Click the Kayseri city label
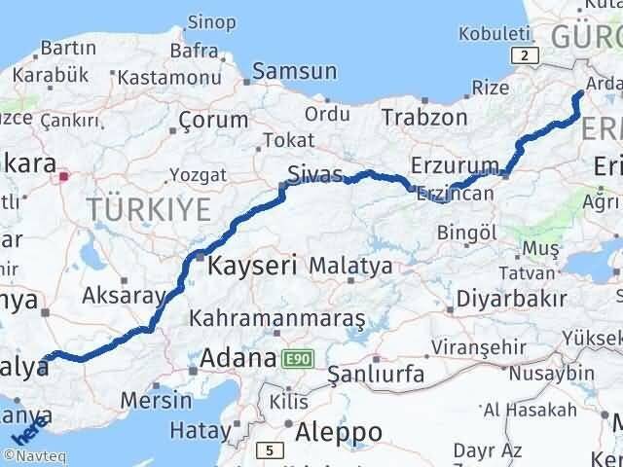[x=252, y=264]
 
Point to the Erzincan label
[x=451, y=194]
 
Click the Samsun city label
[x=295, y=71]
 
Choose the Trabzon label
[x=424, y=117]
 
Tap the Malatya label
[x=351, y=265]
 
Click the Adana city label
[x=238, y=359]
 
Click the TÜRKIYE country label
[x=149, y=208]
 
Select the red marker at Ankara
[x=64, y=176]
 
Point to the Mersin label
[x=156, y=398]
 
